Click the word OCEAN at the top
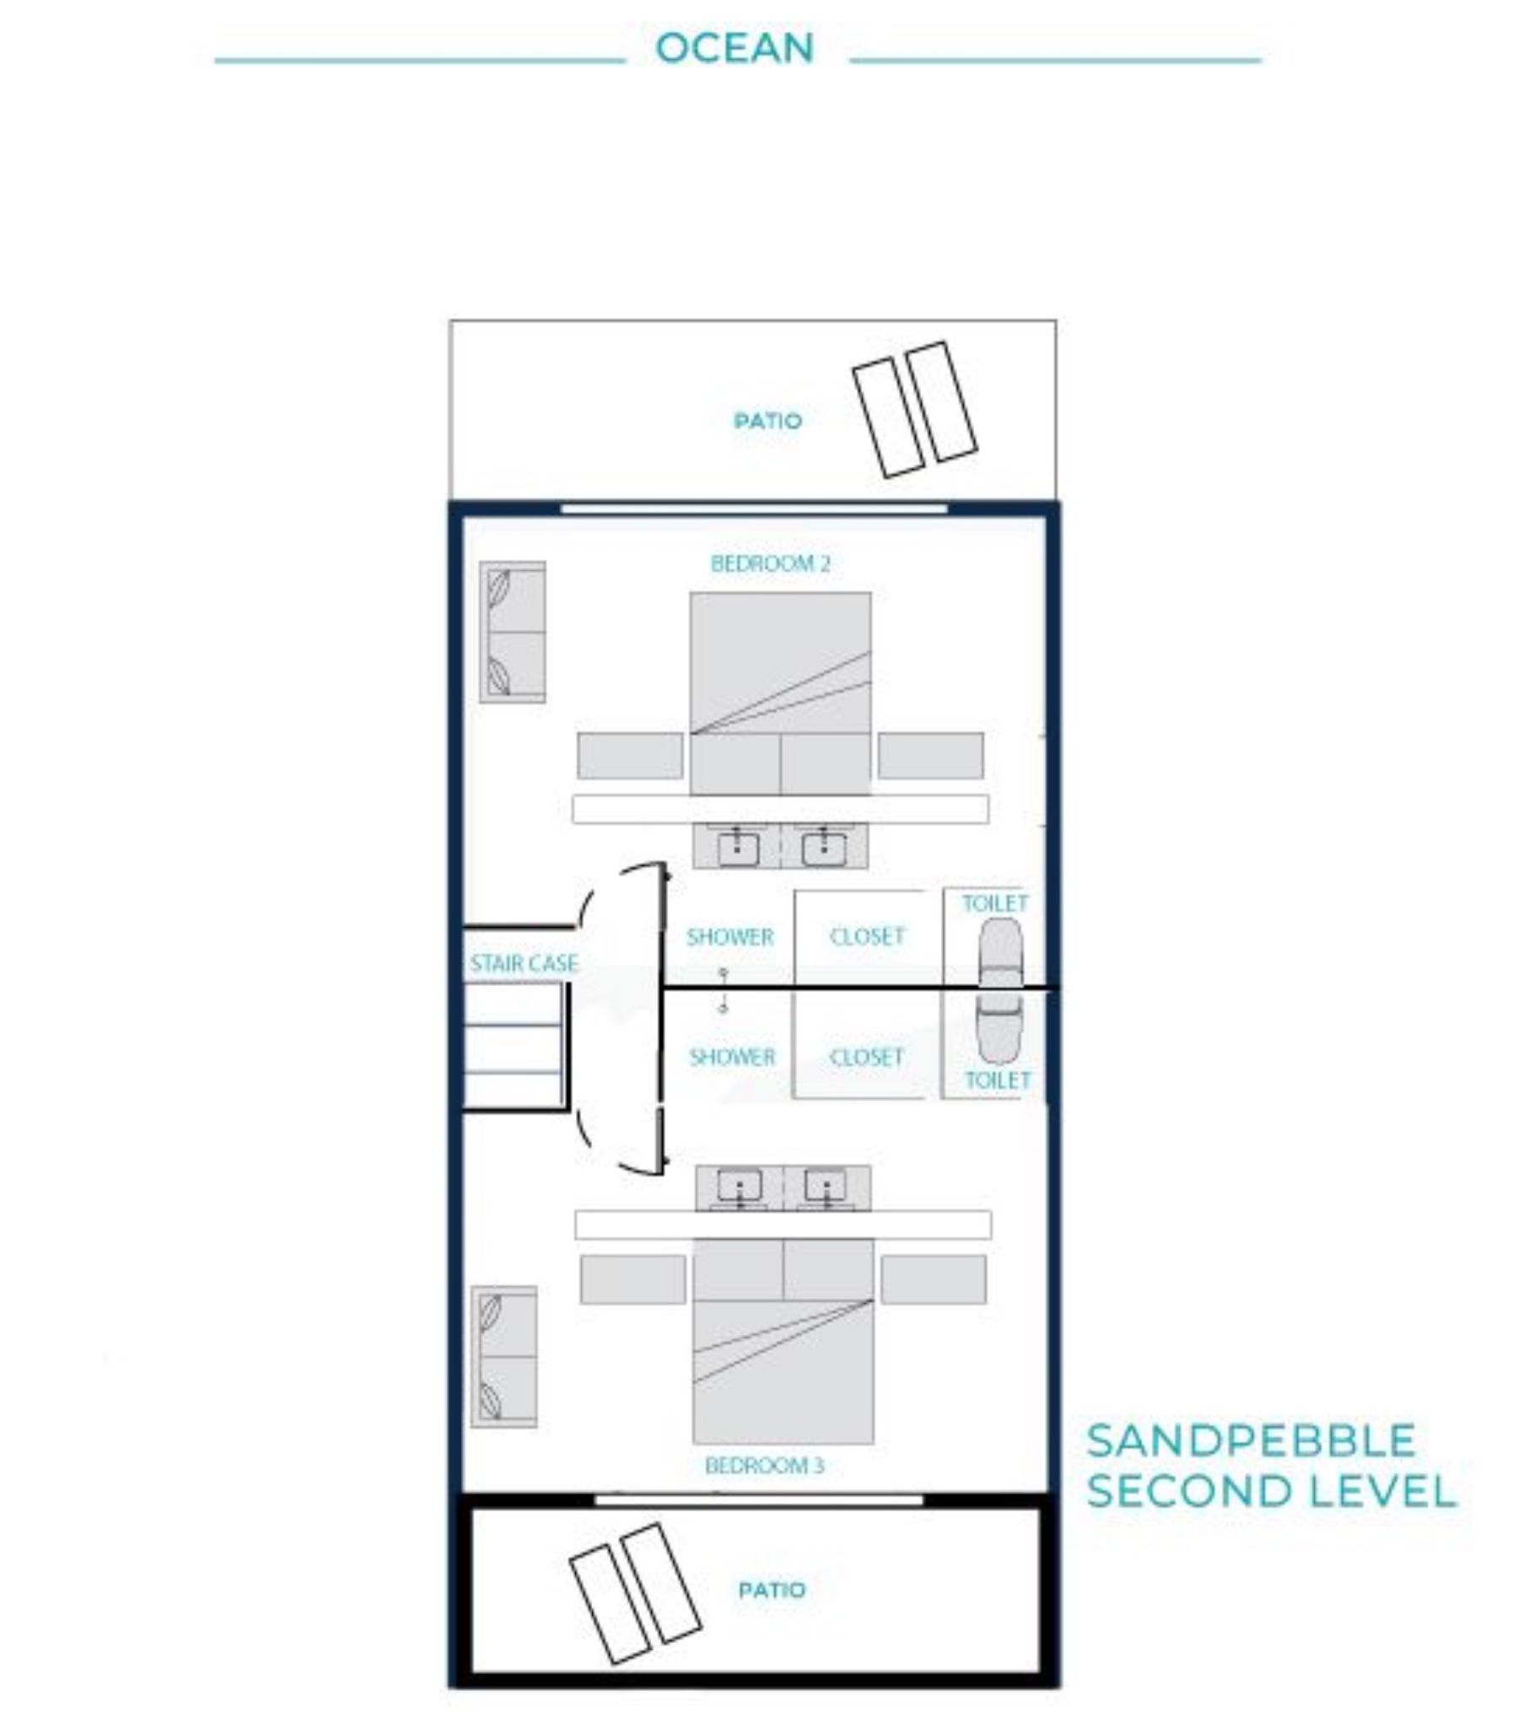pyautogui.click(x=735, y=47)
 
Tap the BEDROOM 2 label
pyautogui.click(x=771, y=563)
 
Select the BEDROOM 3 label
pyautogui.click(x=764, y=1465)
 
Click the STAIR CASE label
pyautogui.click(x=524, y=963)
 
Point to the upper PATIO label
pyautogui.click(x=767, y=421)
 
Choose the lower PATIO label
pyautogui.click(x=772, y=1590)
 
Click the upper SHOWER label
pyautogui.click(x=729, y=937)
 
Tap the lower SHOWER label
pyautogui.click(x=732, y=1057)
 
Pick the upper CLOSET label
pyautogui.click(x=867, y=936)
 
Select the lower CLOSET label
pyautogui.click(x=867, y=1057)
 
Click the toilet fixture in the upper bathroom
pyautogui.click(x=1001, y=953)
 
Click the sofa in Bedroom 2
pyautogui.click(x=513, y=632)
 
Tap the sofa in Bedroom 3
pyautogui.click(x=504, y=1356)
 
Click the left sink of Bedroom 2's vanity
pyautogui.click(x=737, y=847)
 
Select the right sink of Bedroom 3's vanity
pyautogui.click(x=826, y=1187)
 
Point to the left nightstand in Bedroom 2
pyautogui.click(x=630, y=756)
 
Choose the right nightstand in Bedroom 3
pyautogui.click(x=934, y=1279)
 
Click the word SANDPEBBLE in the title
pyautogui.click(x=1251, y=1441)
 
